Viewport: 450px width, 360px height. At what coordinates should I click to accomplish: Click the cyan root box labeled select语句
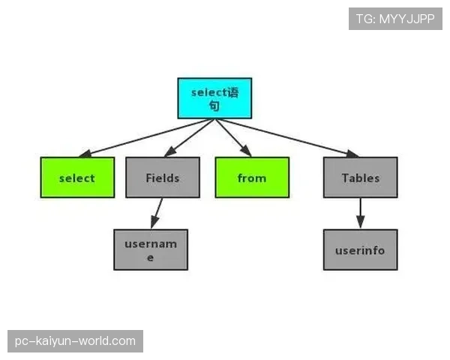pos(214,98)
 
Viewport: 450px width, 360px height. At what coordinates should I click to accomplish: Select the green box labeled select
pos(77,178)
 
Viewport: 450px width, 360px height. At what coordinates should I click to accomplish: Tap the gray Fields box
pos(163,178)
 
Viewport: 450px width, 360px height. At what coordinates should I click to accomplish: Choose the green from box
pos(252,178)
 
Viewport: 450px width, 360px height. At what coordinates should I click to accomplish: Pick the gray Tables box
pos(361,178)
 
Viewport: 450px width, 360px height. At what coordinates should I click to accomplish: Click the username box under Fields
pos(151,250)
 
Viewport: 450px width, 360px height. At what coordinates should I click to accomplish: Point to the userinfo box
pos(361,250)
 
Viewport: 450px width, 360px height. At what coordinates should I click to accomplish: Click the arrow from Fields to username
pos(157,213)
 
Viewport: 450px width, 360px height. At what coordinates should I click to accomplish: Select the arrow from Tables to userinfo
pos(361,213)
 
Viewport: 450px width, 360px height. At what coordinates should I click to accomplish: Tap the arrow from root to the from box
pos(232,138)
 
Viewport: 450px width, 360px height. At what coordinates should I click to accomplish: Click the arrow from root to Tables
pos(287,138)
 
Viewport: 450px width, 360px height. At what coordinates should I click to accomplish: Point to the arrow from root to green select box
pos(146,138)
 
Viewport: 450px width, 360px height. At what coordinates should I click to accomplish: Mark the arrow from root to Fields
pos(190,138)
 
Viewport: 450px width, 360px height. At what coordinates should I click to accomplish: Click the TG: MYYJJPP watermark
pos(395,19)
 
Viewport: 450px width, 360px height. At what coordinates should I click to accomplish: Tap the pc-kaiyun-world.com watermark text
pos(75,341)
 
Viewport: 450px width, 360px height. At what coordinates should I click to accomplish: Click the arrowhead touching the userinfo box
pos(361,222)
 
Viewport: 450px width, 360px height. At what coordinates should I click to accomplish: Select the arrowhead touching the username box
pos(154,222)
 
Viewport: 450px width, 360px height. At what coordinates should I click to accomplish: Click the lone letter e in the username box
pos(150,258)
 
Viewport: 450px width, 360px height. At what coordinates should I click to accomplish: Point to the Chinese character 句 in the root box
pos(214,106)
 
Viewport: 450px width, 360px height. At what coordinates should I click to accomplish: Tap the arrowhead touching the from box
pos(246,151)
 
